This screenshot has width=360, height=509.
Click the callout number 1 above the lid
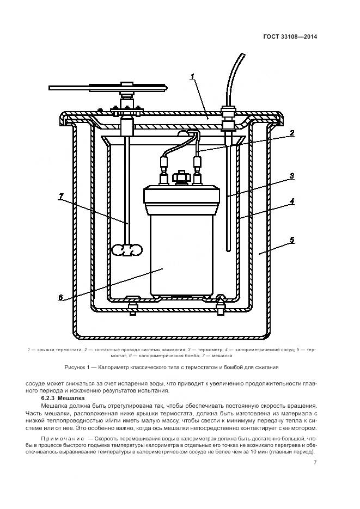click(192, 77)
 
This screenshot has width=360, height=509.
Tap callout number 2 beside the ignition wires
click(292, 132)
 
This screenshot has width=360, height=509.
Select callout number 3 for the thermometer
click(292, 175)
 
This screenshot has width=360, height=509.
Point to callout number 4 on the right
click(292, 200)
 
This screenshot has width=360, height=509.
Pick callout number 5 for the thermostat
click(292, 240)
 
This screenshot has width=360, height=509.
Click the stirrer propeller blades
click(126, 249)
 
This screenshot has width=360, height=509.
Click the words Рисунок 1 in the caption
click(78, 366)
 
